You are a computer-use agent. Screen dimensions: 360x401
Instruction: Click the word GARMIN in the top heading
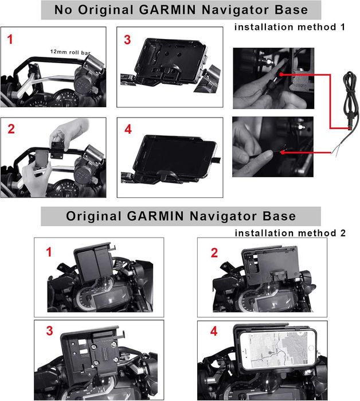tap(169, 10)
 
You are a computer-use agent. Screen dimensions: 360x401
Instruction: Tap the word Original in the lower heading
tap(93, 216)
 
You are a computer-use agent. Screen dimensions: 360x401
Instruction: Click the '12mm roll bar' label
tap(71, 52)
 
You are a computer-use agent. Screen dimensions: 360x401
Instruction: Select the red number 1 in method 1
tap(10, 40)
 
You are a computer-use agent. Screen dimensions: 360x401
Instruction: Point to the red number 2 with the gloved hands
tap(11, 129)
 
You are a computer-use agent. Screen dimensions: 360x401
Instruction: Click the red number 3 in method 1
tap(127, 40)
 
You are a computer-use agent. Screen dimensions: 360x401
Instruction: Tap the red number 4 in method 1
tap(128, 130)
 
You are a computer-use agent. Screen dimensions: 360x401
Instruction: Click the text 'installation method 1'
tap(289, 27)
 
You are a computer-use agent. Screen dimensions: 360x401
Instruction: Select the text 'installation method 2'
tap(290, 233)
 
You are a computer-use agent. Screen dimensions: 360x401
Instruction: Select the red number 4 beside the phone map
tap(214, 331)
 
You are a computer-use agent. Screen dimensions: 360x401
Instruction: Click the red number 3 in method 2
tap(49, 330)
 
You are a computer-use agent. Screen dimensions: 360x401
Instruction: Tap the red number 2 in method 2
tap(214, 252)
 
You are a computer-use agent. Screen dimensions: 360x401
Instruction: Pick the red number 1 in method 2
tap(49, 252)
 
